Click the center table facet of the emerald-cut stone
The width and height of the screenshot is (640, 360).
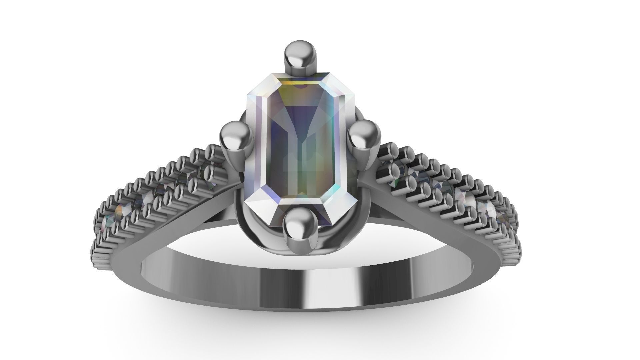[x=302, y=147]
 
